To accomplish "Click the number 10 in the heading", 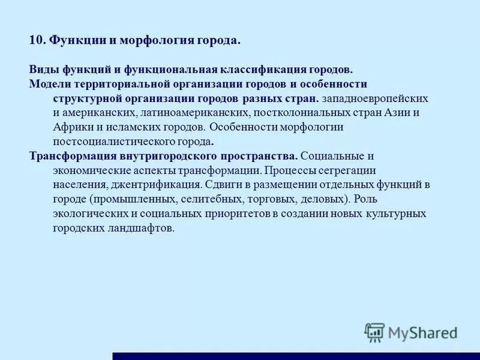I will (36, 41).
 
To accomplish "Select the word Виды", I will (41, 70).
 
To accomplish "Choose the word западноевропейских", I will (375, 98).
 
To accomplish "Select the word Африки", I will (70, 127).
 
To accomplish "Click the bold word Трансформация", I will (74, 156).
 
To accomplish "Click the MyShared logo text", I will (422, 331).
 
